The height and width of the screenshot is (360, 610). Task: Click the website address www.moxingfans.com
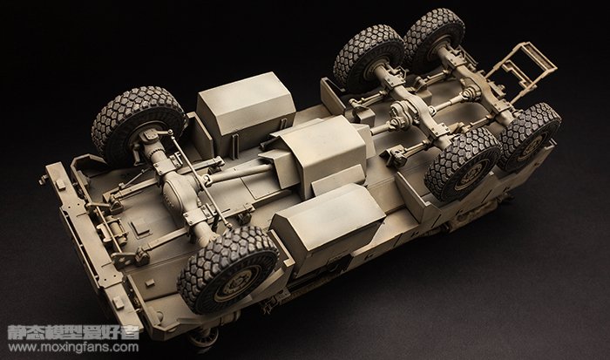pos(73,347)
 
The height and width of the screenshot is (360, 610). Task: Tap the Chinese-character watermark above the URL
pos(73,332)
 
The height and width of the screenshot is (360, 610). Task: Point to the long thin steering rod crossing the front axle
pos(200,179)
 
